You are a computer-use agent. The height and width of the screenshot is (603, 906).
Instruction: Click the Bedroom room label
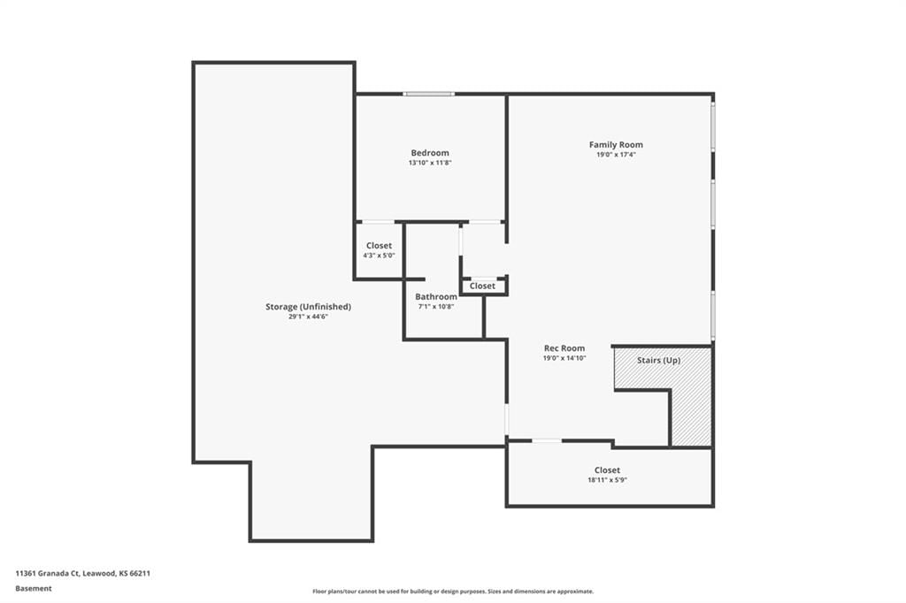[430, 153]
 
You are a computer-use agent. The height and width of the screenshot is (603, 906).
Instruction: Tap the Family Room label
[616, 145]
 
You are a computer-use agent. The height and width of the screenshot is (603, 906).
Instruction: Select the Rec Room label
[564, 348]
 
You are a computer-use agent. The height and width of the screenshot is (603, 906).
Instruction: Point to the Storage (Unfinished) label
[308, 307]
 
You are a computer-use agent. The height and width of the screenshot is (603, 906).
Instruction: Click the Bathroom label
[436, 297]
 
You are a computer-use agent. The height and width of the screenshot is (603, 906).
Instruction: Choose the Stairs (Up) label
[658, 361]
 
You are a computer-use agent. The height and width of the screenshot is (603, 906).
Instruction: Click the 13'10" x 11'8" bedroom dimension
[430, 163]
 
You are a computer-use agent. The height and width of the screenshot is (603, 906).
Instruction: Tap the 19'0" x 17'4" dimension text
[616, 155]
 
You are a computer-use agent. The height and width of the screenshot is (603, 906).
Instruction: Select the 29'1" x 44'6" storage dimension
[308, 317]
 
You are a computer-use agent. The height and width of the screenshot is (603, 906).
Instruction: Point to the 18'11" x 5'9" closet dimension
[607, 480]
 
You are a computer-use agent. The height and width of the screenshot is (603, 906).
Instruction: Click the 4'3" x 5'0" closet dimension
[379, 256]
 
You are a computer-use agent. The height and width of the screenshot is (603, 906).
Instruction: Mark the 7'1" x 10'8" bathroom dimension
[436, 307]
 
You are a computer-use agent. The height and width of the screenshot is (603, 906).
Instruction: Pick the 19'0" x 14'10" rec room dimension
[564, 358]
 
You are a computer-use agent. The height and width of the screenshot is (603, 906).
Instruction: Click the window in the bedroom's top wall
[429, 94]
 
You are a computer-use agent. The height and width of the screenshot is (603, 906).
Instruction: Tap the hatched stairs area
[691, 404]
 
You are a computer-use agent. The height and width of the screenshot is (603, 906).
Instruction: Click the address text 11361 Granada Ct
[48, 574]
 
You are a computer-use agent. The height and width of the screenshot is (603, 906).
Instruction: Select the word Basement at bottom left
[34, 589]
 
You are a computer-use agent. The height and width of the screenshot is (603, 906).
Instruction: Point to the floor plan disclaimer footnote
[453, 592]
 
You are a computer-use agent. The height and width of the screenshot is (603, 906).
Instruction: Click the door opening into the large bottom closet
[547, 440]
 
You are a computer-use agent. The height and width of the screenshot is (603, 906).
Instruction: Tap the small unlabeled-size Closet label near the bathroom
[482, 286]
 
